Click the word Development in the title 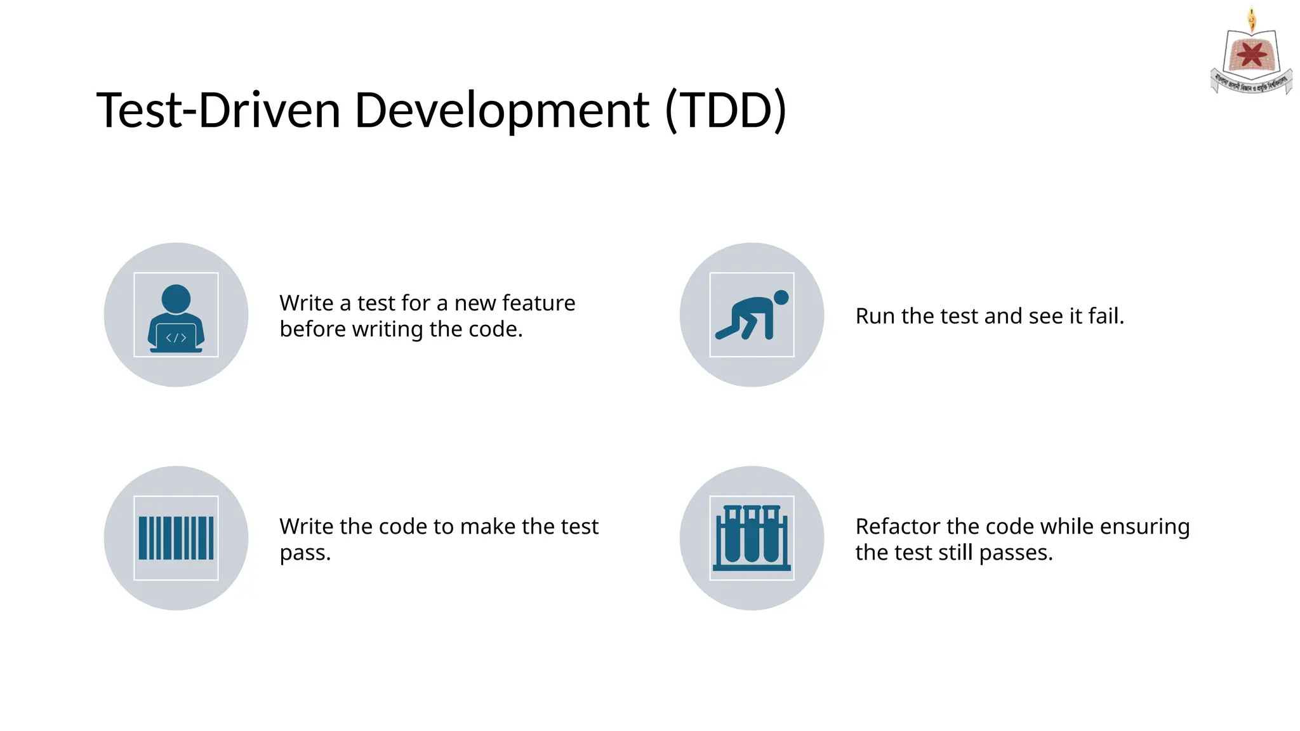501,111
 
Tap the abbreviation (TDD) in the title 726,111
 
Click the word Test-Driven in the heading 218,111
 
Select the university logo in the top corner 1251,54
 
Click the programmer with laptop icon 176,315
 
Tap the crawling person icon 752,315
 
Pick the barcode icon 176,538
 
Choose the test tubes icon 752,538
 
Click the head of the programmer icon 176,298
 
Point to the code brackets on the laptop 176,338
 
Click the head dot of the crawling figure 781,297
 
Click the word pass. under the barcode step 305,553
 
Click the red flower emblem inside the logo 1251,55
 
